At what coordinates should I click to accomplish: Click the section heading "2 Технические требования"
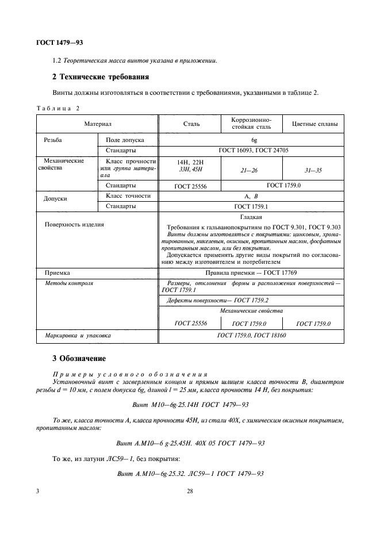(101, 76)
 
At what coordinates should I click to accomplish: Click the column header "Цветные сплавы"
(314, 124)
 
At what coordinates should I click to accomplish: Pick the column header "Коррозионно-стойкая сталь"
(251, 123)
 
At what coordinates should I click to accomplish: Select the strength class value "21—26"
(251, 170)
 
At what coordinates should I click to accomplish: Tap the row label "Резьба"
(53, 140)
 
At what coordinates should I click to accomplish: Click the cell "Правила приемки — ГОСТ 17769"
(251, 272)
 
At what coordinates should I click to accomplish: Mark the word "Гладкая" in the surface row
(251, 217)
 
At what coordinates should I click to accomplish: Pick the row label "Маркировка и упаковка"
(78, 335)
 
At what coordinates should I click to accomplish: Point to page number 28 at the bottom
(190, 491)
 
